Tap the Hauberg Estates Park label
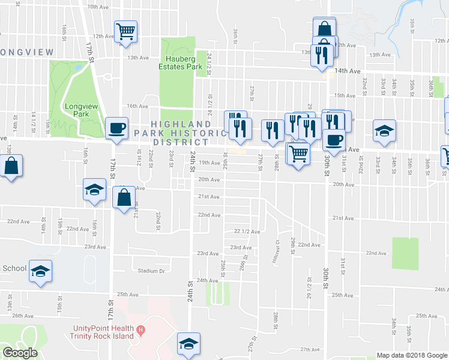[184, 63]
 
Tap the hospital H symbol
[141, 329]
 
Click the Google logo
[20, 353]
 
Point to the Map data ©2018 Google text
[411, 355]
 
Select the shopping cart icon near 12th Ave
[125, 31]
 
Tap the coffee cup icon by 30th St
[334, 140]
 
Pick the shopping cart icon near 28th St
[298, 154]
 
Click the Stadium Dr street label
[151, 271]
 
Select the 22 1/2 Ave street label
[247, 231]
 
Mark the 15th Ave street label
[345, 95]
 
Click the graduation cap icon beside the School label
[41, 271]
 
